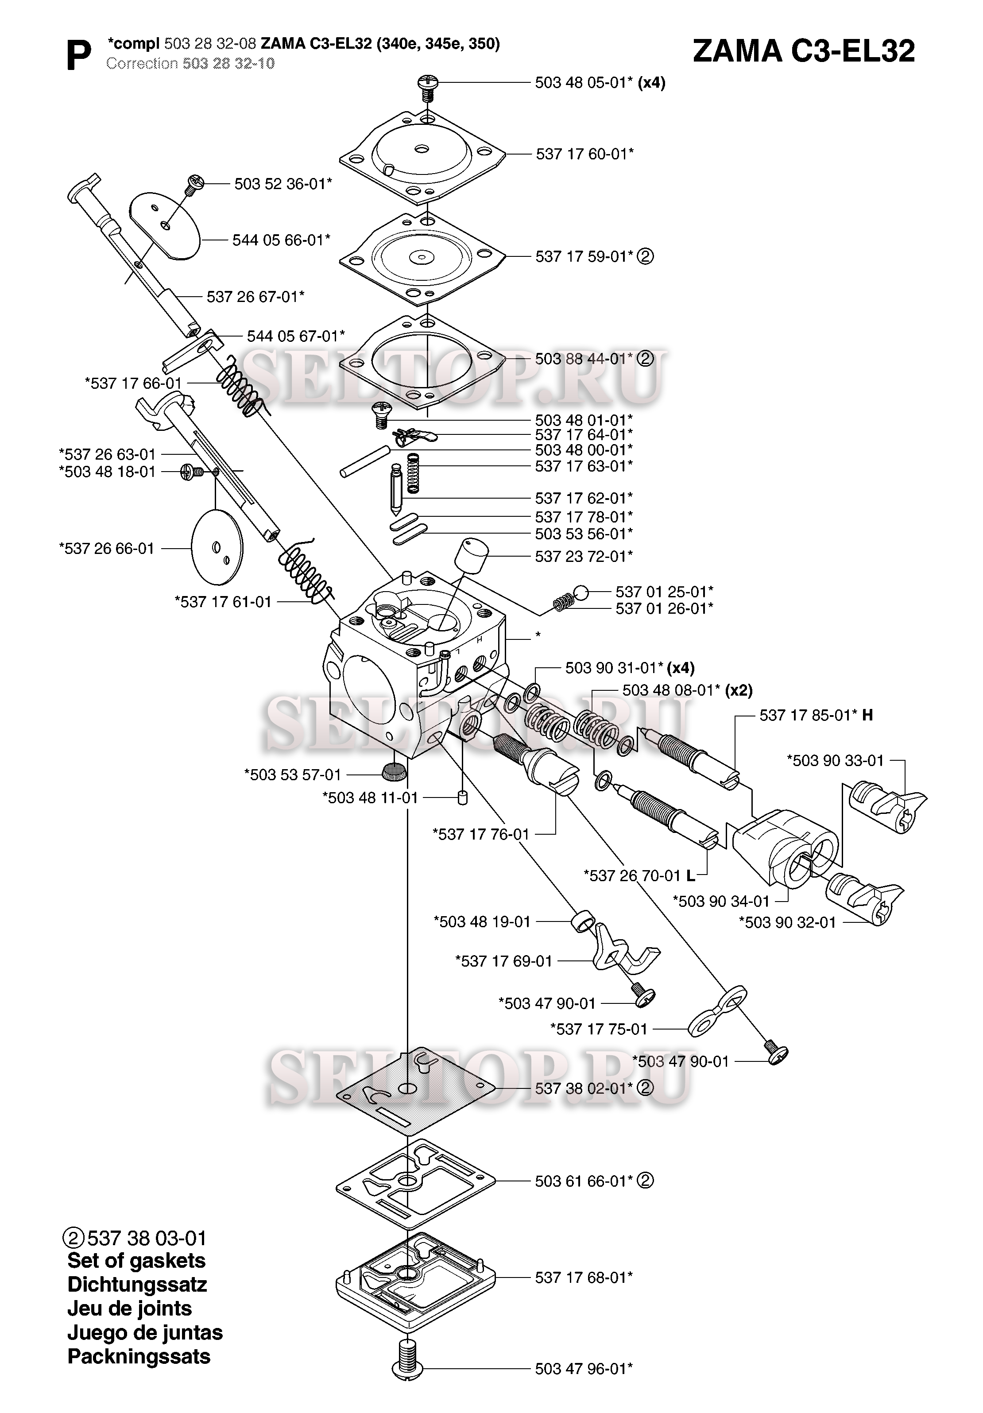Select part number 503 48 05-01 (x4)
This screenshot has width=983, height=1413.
pos(600,82)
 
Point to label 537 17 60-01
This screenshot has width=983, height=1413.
pos(584,154)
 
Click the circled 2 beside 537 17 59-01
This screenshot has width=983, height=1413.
pos(645,257)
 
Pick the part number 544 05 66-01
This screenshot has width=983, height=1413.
pos(281,240)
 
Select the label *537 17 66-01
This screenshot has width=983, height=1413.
pos(133,383)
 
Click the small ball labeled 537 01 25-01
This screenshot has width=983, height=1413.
pos(581,592)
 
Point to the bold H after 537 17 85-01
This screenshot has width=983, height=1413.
pos(867,715)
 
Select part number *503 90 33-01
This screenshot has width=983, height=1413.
pos(835,761)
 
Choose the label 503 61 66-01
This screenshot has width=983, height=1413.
pos(584,1181)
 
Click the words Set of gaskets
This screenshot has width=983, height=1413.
pos(136,1260)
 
